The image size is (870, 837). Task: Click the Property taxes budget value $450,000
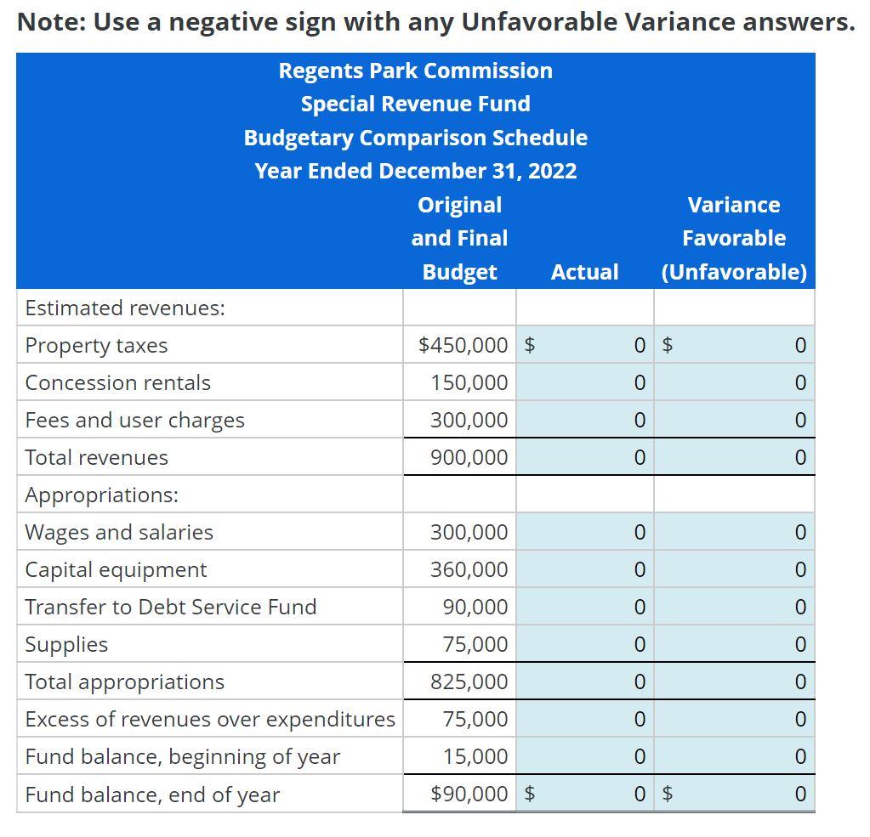463,345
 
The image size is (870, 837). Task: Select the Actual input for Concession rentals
584,383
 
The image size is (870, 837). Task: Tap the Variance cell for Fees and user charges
734,421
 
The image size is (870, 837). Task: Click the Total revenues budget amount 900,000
469,458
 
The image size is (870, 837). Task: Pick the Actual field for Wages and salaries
584,533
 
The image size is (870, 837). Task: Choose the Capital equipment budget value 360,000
469,570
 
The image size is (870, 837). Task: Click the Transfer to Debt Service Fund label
171,608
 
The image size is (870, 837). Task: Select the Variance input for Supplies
734,645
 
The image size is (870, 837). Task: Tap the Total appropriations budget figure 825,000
469,682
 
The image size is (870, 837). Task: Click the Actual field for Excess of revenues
584,720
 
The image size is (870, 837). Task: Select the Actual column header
584,272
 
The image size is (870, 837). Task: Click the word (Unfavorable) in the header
734,272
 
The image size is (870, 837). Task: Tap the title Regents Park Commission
415,71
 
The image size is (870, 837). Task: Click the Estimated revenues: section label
125,308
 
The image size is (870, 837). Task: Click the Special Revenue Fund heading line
415,104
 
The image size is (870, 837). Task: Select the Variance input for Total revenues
734,458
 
